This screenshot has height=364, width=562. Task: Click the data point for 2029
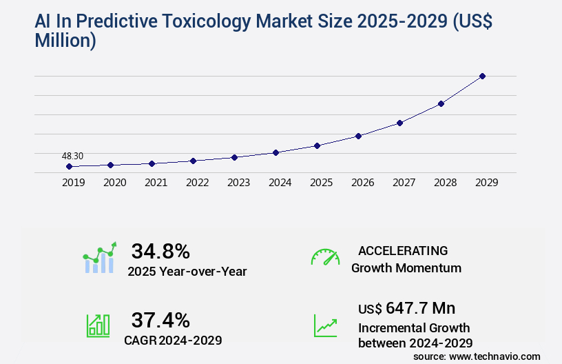[482, 76]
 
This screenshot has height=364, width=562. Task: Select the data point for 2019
[69, 166]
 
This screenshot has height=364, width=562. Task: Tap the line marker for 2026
[358, 136]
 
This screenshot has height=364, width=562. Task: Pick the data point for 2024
[275, 152]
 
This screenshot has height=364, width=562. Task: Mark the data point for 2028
[441, 103]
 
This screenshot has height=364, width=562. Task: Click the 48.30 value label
[72, 156]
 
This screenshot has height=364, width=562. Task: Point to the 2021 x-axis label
[156, 183]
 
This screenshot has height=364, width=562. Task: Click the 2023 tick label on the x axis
[238, 183]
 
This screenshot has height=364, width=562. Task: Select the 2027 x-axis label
[404, 183]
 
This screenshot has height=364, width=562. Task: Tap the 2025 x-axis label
[321, 183]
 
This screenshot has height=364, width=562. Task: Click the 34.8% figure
[160, 251]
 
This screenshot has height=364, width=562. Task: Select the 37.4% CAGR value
[160, 320]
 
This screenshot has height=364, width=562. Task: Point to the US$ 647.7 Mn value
[406, 307]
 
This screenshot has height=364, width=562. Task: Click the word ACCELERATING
[403, 250]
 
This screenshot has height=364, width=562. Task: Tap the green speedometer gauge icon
[325, 256]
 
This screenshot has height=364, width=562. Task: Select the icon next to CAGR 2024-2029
[98, 325]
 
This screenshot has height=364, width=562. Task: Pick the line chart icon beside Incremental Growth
[325, 325]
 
